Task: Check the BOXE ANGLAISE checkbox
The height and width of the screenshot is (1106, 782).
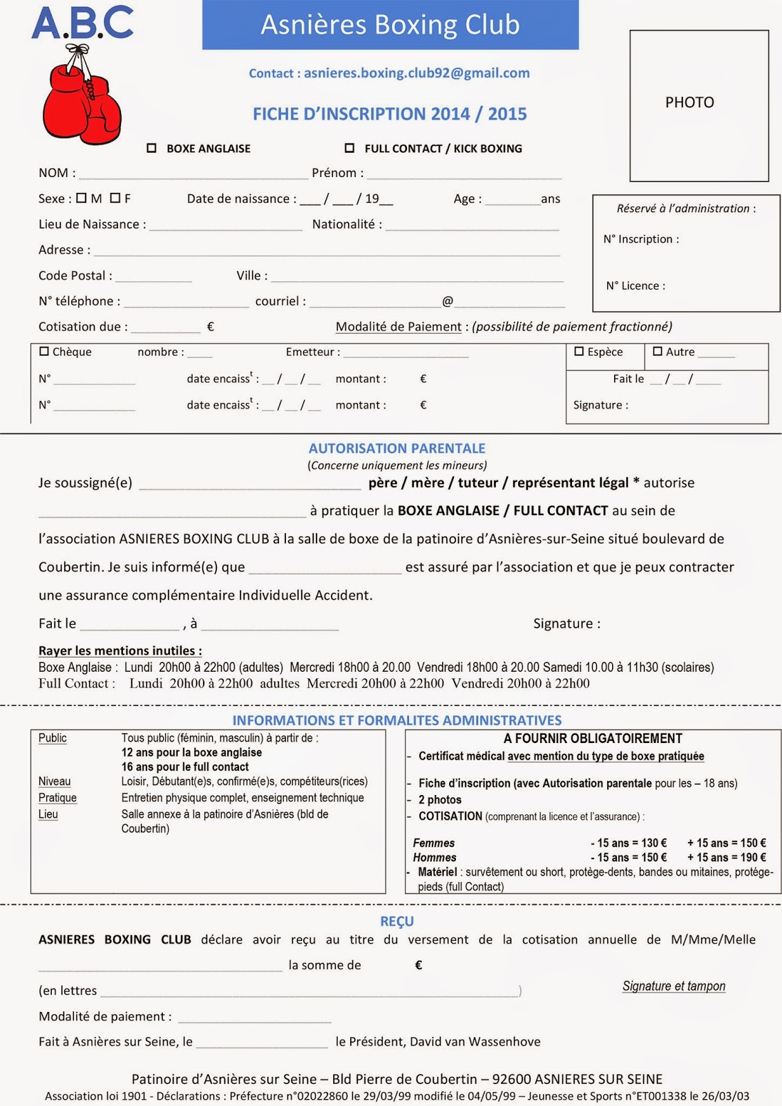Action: (152, 148)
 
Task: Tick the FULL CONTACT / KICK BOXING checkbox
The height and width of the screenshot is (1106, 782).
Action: (350, 148)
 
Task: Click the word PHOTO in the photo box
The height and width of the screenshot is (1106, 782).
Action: (689, 102)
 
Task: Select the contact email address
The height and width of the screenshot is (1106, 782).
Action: (417, 73)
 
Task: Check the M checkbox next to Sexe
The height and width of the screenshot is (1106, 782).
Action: (82, 198)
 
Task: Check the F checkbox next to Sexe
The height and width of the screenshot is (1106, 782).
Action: (115, 198)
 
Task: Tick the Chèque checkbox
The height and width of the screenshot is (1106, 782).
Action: (44, 351)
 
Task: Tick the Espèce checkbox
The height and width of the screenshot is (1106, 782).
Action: (579, 351)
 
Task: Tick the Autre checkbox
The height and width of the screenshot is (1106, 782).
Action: (657, 351)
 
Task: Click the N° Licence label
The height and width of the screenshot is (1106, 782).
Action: (636, 286)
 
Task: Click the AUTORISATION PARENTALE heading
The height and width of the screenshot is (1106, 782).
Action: (397, 448)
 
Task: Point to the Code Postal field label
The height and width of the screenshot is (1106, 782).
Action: (75, 275)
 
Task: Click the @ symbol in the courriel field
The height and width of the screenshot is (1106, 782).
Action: (447, 301)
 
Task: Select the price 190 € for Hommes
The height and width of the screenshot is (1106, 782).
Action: (753, 857)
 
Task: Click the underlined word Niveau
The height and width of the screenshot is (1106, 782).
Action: (55, 781)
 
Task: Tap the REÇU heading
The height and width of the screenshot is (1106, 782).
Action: (397, 921)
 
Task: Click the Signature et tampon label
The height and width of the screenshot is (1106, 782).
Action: (674, 986)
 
